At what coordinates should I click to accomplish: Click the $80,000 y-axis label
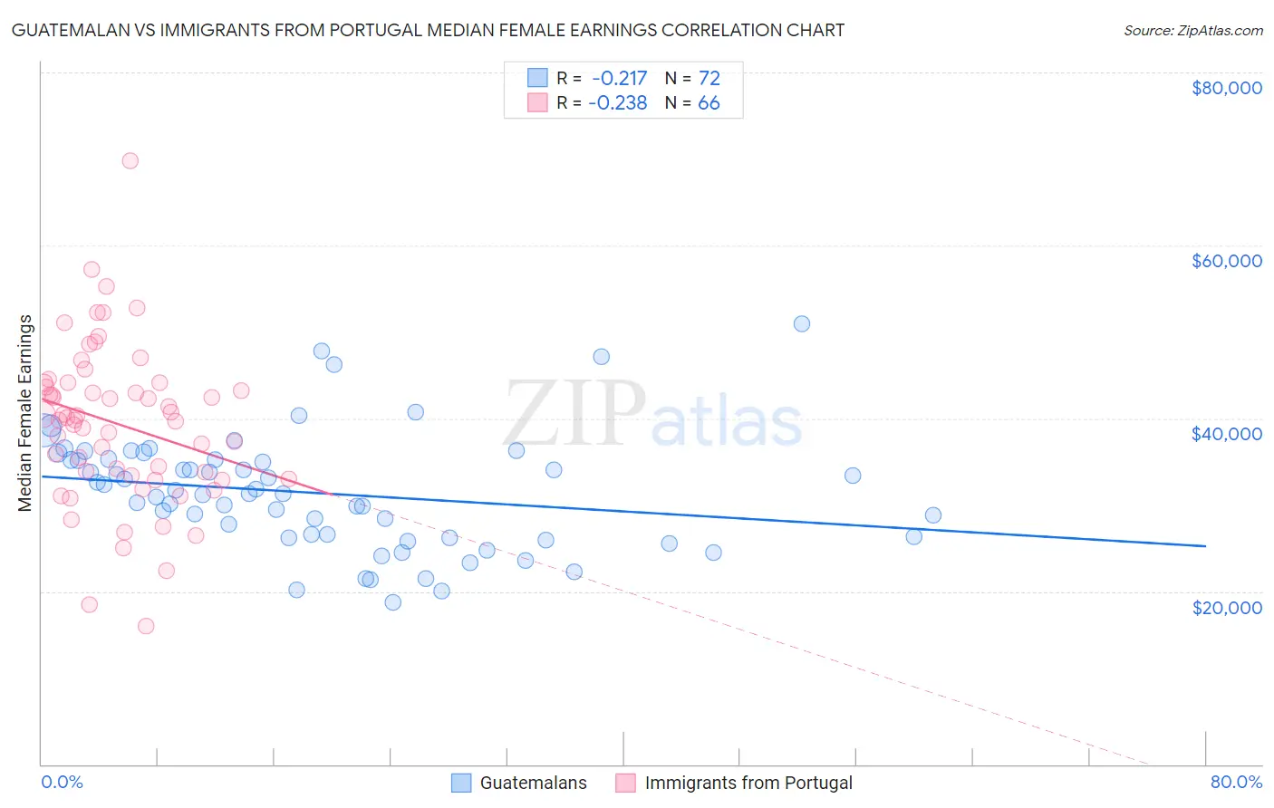1226,88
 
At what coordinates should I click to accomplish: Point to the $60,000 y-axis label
1226,261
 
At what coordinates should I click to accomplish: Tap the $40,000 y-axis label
1226,434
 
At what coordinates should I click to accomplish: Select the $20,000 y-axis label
1226,607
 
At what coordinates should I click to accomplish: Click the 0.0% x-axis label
62,782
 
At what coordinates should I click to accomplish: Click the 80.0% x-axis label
1236,782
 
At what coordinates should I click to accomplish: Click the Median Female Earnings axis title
25,413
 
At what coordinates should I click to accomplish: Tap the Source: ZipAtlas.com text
1192,30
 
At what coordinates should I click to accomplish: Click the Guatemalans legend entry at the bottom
533,783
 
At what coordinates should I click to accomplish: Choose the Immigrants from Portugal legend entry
748,783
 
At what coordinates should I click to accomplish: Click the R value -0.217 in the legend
618,78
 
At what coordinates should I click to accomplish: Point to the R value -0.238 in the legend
618,102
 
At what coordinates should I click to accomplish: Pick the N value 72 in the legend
709,78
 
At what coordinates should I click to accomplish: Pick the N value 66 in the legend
709,102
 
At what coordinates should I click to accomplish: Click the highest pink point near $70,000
130,160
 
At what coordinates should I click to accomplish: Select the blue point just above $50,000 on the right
801,323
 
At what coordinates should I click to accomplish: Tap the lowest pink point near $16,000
145,626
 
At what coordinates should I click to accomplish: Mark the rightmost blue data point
932,515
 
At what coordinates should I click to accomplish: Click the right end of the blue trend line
1205,546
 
